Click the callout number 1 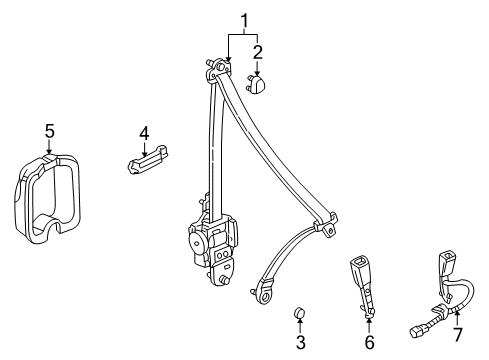click(243, 19)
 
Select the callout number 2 click(257, 51)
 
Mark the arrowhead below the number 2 click(257, 73)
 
